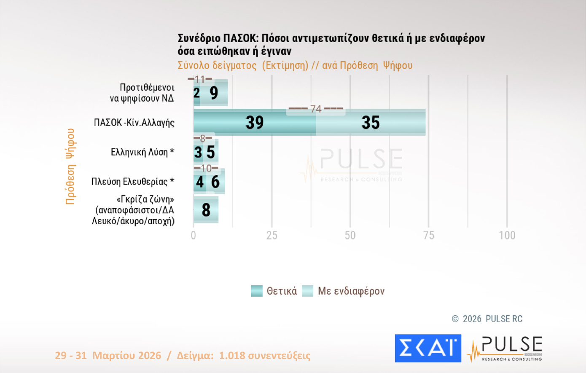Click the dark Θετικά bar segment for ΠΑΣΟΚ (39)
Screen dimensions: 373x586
point(255,122)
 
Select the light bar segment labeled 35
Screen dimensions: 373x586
point(371,122)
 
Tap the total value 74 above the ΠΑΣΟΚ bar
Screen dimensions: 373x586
point(316,109)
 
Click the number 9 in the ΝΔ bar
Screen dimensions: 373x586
point(214,93)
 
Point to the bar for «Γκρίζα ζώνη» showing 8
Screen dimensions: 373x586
point(206,209)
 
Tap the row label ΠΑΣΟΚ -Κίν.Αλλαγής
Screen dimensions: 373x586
point(134,123)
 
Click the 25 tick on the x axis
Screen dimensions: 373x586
point(272,235)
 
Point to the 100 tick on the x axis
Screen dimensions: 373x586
point(507,235)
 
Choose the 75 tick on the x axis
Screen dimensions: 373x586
point(429,235)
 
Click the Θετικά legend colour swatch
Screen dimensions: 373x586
point(257,291)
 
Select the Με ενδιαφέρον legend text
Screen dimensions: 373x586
point(351,291)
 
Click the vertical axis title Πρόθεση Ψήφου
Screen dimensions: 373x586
point(70,166)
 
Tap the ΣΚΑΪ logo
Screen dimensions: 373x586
point(428,348)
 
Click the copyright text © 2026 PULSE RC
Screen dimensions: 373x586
point(487,319)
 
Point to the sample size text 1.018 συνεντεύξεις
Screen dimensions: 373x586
point(264,355)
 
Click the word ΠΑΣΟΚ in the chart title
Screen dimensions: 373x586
point(239,38)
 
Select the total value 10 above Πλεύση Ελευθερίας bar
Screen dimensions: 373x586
point(206,169)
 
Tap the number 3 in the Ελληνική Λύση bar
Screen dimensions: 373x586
point(198,152)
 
